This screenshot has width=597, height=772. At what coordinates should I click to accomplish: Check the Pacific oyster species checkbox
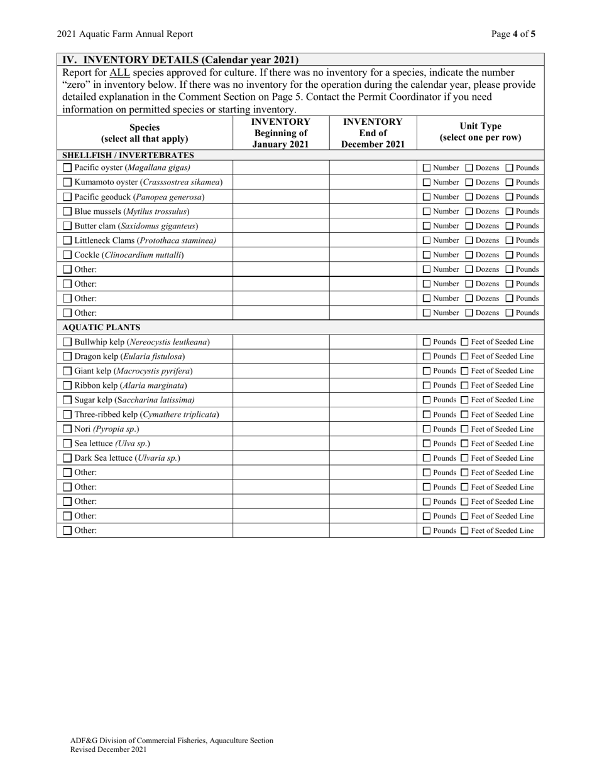pos(68,168)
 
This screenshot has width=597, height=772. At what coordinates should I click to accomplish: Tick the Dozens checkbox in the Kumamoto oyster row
pos(469,183)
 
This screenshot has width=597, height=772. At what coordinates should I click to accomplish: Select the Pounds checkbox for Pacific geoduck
pos(510,197)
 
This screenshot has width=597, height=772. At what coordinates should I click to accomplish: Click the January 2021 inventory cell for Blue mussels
pos(281,212)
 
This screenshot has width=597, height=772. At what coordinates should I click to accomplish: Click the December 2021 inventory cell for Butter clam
pos(373,226)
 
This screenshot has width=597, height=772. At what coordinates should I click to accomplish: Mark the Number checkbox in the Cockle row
pos(427,255)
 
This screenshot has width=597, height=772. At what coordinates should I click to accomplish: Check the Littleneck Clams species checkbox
pos(68,240)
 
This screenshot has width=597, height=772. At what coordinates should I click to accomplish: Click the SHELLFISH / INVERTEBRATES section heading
pos(128,155)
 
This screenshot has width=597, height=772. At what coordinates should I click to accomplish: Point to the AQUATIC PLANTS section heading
pos(101,327)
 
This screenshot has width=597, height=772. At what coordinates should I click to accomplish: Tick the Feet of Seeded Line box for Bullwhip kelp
pos(465,342)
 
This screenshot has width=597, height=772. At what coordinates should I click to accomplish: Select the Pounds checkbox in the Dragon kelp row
pos(427,357)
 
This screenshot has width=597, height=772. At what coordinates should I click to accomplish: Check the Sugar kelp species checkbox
pos(68,400)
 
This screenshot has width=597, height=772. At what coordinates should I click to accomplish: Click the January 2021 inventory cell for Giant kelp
pos(281,371)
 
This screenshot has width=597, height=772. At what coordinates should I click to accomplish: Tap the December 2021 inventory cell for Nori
pos(373,429)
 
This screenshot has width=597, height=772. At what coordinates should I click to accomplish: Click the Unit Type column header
pos(481,132)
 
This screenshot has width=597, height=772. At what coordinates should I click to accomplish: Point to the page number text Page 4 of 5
pos(513,34)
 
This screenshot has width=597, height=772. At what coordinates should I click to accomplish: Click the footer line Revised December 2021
pos(109,749)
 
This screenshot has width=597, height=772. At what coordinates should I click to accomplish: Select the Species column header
pos(145,132)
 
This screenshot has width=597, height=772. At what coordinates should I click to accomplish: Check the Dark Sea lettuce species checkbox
pos(68,458)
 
